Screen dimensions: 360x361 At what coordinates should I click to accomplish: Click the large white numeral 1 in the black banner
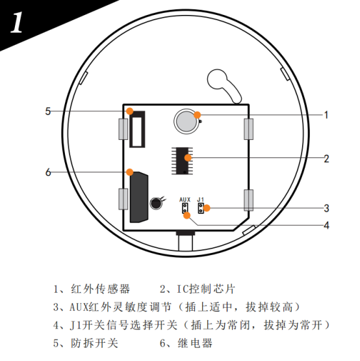pyautogui.click(x=16, y=22)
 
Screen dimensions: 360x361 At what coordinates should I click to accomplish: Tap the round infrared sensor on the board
pyautogui.click(x=186, y=122)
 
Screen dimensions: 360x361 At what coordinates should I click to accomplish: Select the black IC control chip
pyautogui.click(x=182, y=161)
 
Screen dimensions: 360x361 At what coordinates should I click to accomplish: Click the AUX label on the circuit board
pyautogui.click(x=185, y=200)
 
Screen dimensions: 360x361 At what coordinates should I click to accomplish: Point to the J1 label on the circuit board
pyautogui.click(x=201, y=200)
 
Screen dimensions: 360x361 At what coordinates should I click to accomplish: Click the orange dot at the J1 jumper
pyautogui.click(x=207, y=208)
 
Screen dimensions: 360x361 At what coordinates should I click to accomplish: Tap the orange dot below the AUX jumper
pyautogui.click(x=186, y=215)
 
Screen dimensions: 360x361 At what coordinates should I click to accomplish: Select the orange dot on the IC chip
pyautogui.click(x=188, y=157)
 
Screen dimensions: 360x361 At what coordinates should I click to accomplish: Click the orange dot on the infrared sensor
pyautogui.click(x=197, y=114)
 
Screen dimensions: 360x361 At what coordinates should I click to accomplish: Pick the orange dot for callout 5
pyautogui.click(x=130, y=111)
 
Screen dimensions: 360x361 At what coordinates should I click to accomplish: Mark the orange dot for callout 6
pyautogui.click(x=130, y=172)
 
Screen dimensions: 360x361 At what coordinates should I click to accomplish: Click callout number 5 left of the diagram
pyautogui.click(x=47, y=111)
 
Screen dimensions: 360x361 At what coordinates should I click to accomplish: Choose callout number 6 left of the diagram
pyautogui.click(x=48, y=172)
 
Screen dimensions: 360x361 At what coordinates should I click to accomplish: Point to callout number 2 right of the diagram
pyautogui.click(x=326, y=159)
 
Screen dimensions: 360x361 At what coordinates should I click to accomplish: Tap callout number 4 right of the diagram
pyautogui.click(x=326, y=225)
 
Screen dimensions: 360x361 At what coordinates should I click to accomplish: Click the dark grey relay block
pyautogui.click(x=139, y=197)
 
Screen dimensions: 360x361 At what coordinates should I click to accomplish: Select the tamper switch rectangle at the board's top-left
pyautogui.click(x=137, y=129)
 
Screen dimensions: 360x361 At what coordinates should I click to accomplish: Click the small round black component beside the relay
pyautogui.click(x=156, y=204)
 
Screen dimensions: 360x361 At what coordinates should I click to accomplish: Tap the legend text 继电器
pyautogui.click(x=195, y=343)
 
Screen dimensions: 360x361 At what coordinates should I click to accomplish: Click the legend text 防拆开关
pyautogui.click(x=94, y=343)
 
